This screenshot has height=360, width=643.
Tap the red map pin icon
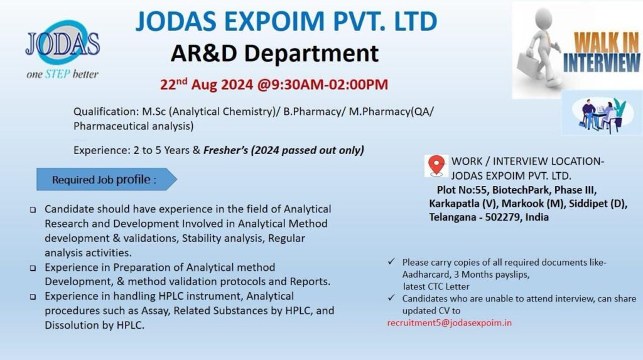(x=436, y=165)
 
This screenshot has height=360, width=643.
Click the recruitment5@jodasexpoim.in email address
(x=450, y=323)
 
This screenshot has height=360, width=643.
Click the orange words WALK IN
(x=607, y=42)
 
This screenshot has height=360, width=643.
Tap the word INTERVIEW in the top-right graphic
(x=601, y=62)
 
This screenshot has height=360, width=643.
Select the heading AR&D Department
(x=274, y=53)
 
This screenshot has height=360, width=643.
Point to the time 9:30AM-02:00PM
(x=327, y=85)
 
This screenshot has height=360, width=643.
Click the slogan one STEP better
(x=62, y=74)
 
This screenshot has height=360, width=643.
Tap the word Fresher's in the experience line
(x=226, y=150)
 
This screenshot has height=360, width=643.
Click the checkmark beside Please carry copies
(x=392, y=261)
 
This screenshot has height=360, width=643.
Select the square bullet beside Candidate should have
(x=33, y=210)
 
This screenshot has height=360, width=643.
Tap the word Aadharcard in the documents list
(x=424, y=275)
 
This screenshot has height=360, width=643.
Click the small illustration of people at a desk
(x=602, y=114)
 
